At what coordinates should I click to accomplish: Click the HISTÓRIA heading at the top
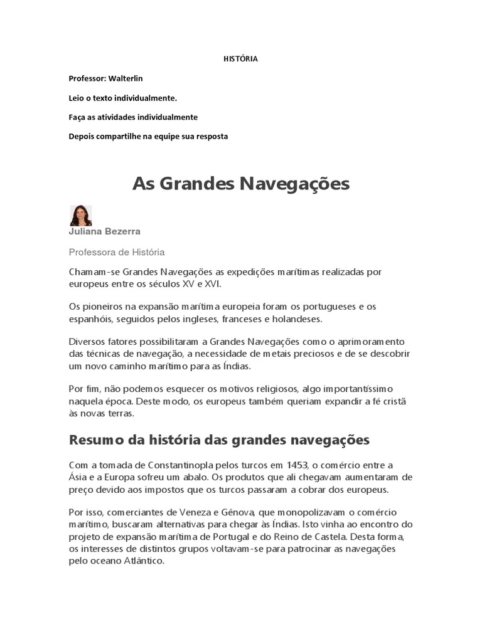pos(241,59)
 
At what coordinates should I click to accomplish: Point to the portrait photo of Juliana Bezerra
pos(80,215)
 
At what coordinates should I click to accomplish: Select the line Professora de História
pos(116,252)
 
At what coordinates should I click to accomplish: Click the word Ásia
pos(78,476)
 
